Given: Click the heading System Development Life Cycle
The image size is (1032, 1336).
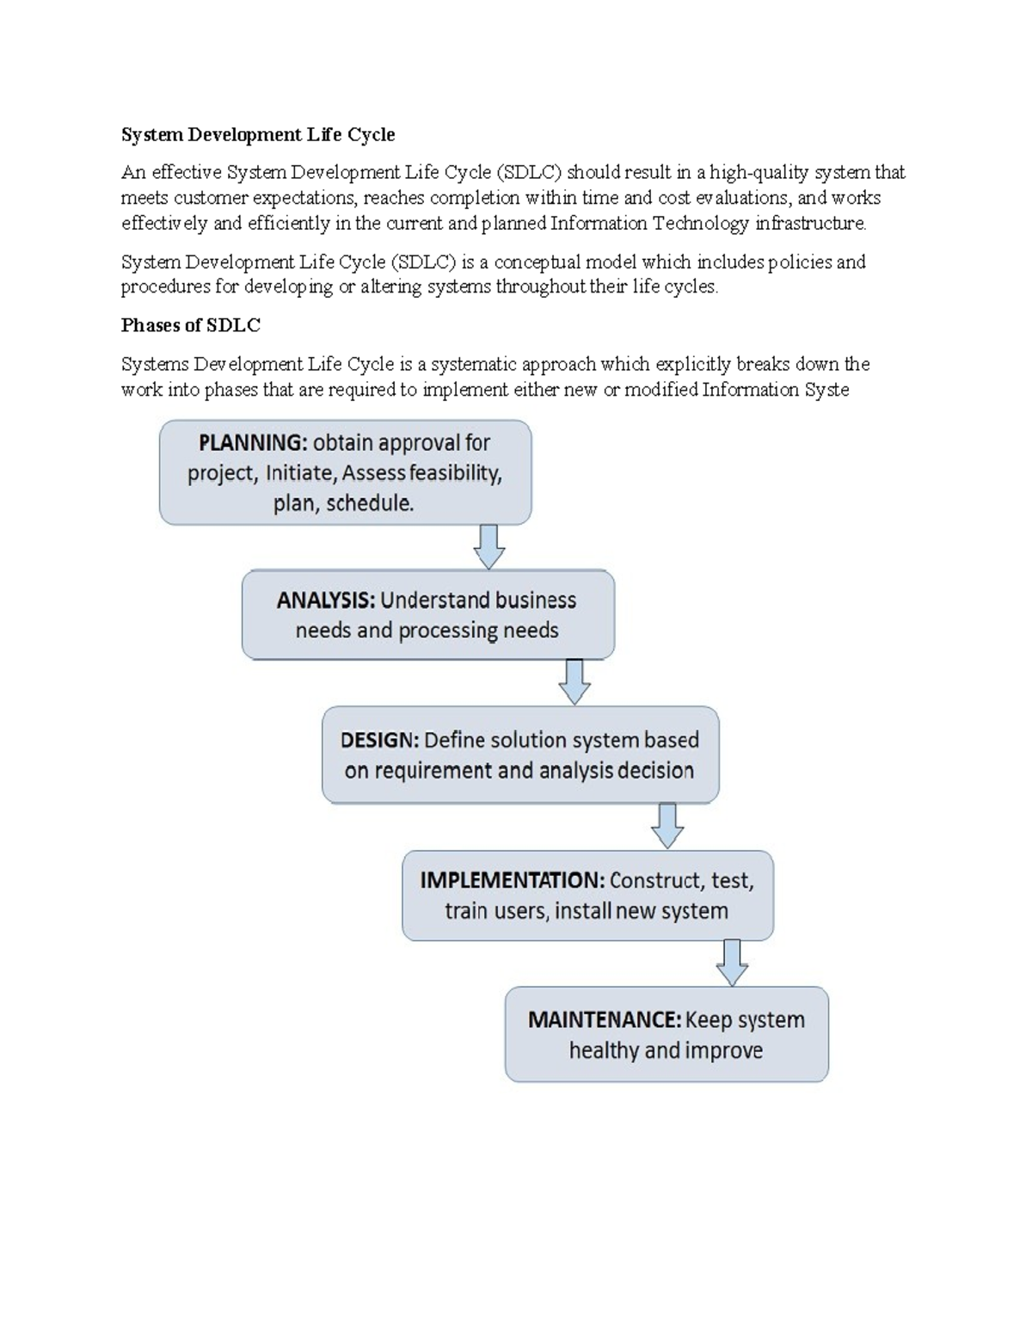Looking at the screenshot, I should (x=258, y=134).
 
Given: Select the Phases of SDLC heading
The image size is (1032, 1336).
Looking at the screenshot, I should (x=190, y=325).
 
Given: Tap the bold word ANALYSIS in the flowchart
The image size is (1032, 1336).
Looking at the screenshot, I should (x=325, y=600).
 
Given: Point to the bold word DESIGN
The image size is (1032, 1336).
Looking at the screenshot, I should (x=379, y=741).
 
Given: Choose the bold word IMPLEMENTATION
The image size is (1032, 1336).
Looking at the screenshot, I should (x=512, y=880).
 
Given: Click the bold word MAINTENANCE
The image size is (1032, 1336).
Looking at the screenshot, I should (x=604, y=1020).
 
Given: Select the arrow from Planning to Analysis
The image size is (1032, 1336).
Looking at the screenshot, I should (x=488, y=546).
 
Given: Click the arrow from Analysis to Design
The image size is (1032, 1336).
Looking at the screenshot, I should (x=574, y=682).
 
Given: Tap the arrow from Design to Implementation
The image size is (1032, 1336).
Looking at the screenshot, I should (x=666, y=826).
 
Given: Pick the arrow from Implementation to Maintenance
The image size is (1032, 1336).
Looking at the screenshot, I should (x=732, y=963).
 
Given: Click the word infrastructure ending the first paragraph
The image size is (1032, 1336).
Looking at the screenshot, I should (x=811, y=224).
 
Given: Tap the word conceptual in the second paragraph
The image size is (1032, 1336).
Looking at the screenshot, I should (x=537, y=262).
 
